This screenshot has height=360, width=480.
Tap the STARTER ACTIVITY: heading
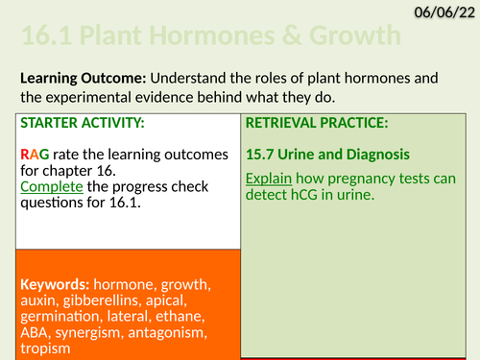[x=69, y=123]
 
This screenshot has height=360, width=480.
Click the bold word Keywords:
[x=53, y=285]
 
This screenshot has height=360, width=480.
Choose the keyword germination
[x=61, y=317]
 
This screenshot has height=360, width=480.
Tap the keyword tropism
[x=44, y=348]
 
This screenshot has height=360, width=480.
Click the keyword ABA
[x=36, y=332]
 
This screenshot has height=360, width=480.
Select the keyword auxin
[x=41, y=300]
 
